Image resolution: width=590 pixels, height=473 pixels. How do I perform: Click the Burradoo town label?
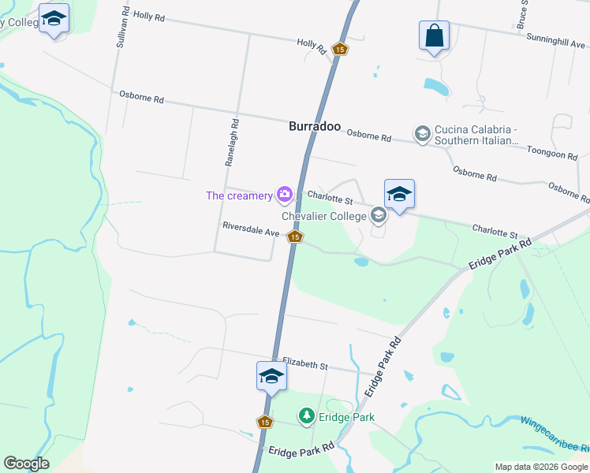pos(314,126)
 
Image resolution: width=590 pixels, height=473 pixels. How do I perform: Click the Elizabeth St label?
pos(305,365)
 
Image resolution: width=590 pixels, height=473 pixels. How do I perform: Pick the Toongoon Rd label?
pos(552,155)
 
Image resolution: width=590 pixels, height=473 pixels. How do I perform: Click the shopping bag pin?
pos(434,36)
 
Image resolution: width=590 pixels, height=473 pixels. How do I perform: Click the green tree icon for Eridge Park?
pos(306,415)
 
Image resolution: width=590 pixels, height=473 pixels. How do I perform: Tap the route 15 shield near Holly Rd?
pos(339,49)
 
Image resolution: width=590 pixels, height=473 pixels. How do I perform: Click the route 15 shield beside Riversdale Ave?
pos(295,236)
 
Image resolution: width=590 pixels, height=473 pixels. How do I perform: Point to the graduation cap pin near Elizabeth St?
pos(271,376)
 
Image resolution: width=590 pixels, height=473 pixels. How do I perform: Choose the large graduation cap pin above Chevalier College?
pos(399,195)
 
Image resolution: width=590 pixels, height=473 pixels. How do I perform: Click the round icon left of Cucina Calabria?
pos(422,133)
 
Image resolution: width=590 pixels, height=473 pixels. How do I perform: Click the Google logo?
pos(26,464)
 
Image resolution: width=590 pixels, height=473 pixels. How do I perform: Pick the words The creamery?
pos(239,195)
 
